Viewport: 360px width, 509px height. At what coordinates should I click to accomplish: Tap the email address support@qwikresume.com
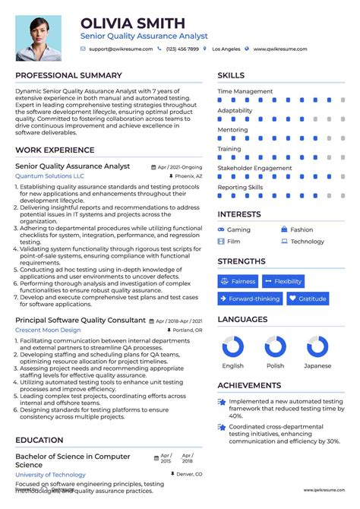(x=120, y=49)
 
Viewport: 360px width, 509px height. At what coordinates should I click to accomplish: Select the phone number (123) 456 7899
(x=182, y=49)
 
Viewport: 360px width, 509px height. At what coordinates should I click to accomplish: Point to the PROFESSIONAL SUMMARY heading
(x=68, y=75)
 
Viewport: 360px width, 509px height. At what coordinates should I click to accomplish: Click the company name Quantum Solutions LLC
(x=49, y=175)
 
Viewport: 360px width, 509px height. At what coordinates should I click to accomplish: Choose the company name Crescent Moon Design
(x=48, y=330)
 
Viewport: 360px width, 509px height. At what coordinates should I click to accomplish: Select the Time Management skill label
(x=245, y=91)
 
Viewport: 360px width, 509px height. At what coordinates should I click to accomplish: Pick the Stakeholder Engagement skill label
(x=255, y=168)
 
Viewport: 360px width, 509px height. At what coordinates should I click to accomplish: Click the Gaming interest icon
(x=221, y=229)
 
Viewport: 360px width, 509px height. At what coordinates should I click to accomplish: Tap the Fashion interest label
(x=302, y=229)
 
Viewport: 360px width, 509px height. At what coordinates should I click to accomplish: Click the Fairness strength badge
(x=238, y=281)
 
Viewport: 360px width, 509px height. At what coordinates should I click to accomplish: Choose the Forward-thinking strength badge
(x=250, y=299)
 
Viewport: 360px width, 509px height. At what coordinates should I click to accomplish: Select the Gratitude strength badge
(x=308, y=299)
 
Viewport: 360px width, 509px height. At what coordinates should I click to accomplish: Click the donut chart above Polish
(x=275, y=348)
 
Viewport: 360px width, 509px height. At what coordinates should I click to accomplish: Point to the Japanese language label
(x=317, y=365)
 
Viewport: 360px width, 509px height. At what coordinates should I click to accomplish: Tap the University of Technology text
(x=51, y=474)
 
